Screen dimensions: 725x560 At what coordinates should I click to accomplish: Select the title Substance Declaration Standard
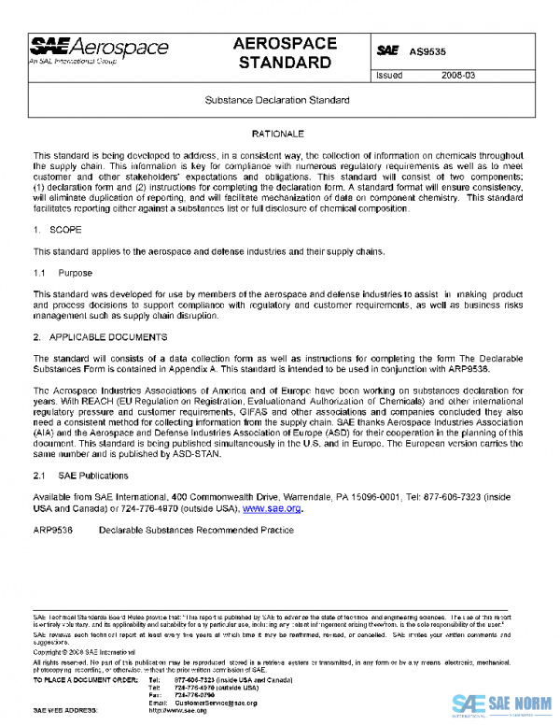(x=277, y=99)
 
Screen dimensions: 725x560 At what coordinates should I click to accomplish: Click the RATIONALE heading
(x=277, y=135)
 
